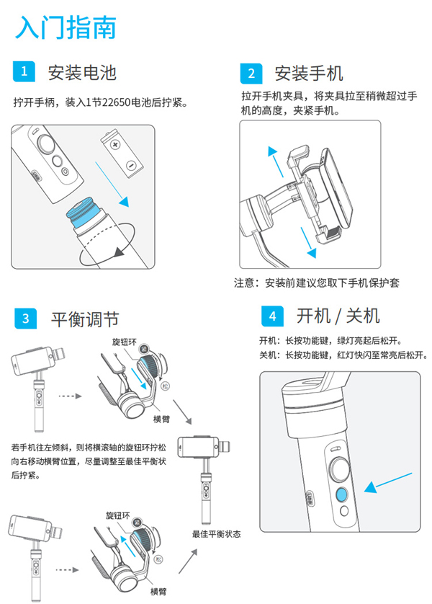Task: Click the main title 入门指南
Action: coord(66,27)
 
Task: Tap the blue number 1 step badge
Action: coord(24,71)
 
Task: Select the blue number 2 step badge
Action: coord(251,74)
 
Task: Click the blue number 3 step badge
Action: coord(25,319)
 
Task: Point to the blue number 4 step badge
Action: coord(272,316)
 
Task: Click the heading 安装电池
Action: coord(82,72)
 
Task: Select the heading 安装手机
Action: coord(308,74)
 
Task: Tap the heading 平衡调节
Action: coord(85,319)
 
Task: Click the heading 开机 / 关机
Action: coord(338,316)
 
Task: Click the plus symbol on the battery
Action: coord(115,145)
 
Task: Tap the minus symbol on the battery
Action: coord(131,166)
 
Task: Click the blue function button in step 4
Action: coord(341,494)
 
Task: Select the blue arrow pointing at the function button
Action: coord(388,483)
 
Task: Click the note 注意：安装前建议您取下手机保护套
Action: coord(317,283)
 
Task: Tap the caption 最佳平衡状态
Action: coord(216,534)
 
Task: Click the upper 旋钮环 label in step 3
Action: coord(125,342)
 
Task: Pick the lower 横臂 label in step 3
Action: coord(158,591)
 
